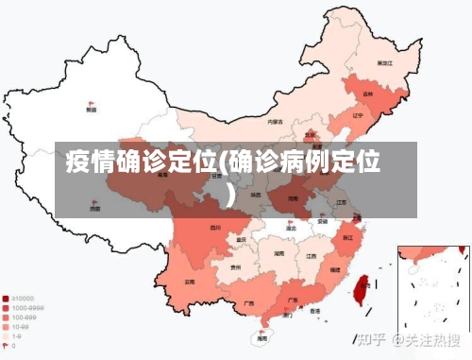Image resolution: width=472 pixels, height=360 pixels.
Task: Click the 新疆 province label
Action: pos(91,110)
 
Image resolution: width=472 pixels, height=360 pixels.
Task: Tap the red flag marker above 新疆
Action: pos(91,102)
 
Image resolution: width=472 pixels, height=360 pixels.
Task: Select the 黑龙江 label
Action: pos(384,62)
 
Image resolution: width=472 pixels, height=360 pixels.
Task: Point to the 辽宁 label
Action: pos(357,115)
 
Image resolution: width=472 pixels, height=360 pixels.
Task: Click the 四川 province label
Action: pos(214,227)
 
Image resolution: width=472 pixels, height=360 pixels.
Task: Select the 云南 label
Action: pos(190,282)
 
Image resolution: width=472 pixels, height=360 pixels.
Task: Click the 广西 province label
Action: pos(248,302)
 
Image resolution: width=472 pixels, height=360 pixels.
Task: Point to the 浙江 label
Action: pos(348,237)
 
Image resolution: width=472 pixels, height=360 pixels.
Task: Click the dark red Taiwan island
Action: pos(360,284)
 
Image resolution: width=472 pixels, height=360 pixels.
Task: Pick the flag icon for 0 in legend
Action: pos(7,346)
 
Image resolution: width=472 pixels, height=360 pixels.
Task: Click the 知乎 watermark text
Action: pos(373,336)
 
